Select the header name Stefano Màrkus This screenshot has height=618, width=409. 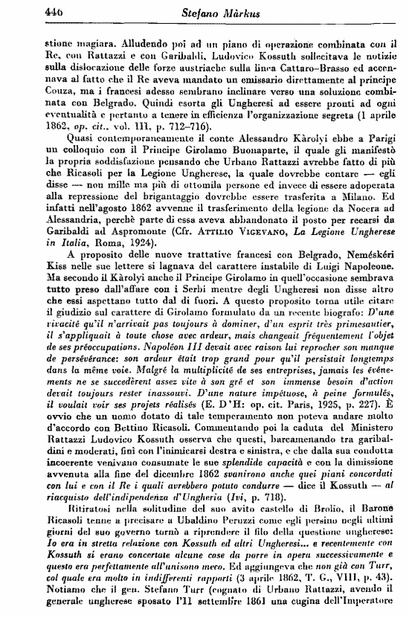pos(203,11)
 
